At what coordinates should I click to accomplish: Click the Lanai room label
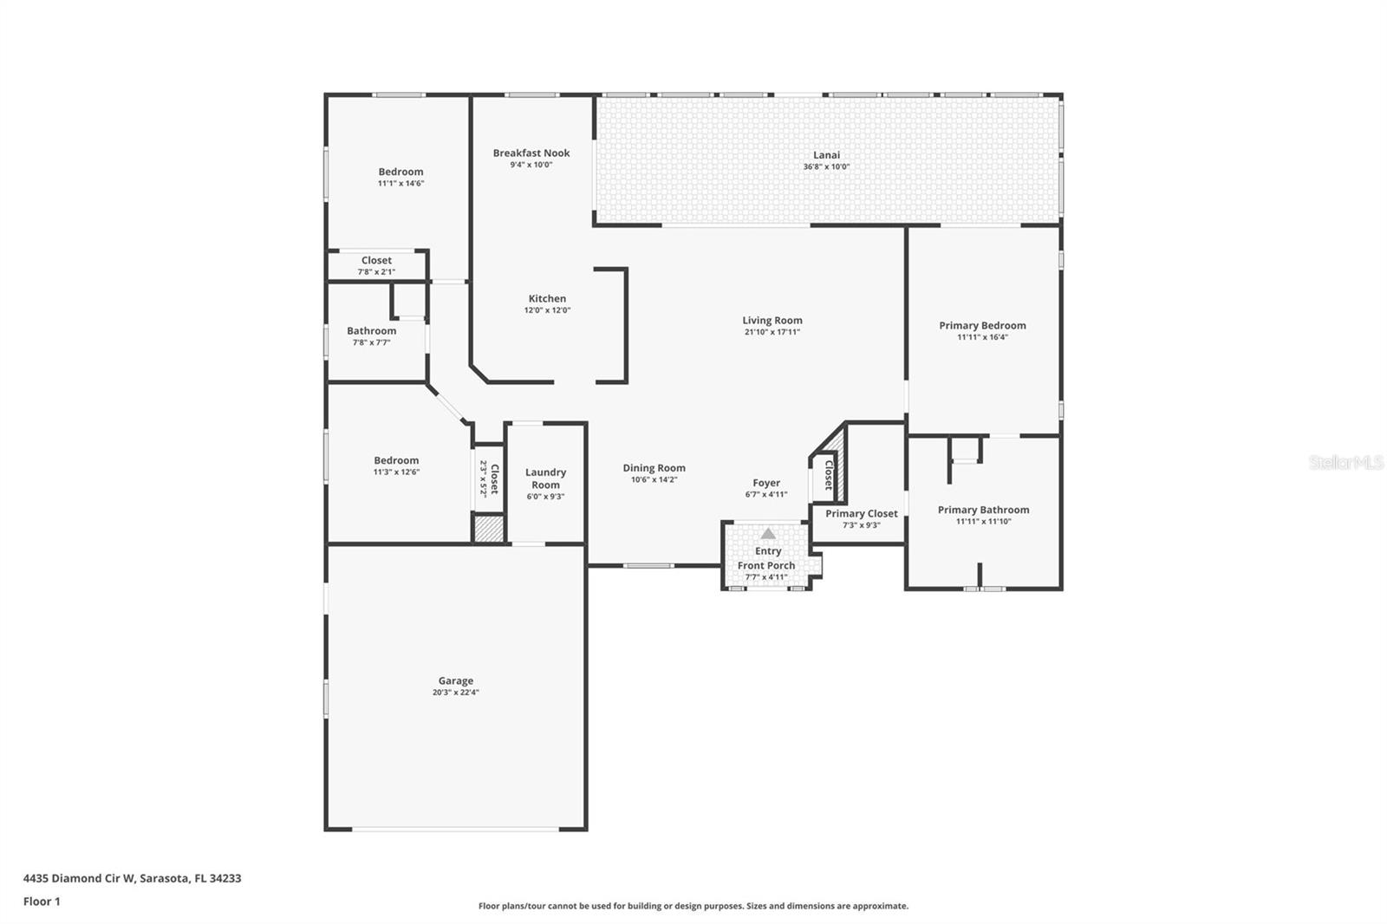pyautogui.click(x=826, y=155)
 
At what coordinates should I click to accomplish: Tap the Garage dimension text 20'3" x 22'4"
pyautogui.click(x=455, y=693)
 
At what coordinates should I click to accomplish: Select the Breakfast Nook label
pyautogui.click(x=531, y=153)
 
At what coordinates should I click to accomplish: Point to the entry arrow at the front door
pyautogui.click(x=768, y=534)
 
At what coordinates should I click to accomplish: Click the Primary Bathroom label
pyautogui.click(x=983, y=510)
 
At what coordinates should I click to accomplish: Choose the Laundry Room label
pyautogui.click(x=545, y=478)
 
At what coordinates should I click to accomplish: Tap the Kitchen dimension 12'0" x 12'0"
pyautogui.click(x=547, y=310)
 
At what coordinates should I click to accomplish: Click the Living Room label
pyautogui.click(x=772, y=320)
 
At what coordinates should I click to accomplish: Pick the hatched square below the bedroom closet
pyautogui.click(x=488, y=529)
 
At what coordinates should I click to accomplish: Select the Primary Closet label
pyautogui.click(x=861, y=513)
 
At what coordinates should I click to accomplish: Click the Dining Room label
pyautogui.click(x=654, y=468)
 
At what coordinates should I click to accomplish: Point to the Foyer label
pyautogui.click(x=766, y=483)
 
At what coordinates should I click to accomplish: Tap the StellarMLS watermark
pyautogui.click(x=1345, y=463)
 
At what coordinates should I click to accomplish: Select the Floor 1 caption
pyautogui.click(x=42, y=901)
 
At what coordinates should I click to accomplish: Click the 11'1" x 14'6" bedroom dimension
pyautogui.click(x=400, y=184)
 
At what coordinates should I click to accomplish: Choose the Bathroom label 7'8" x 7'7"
pyautogui.click(x=371, y=330)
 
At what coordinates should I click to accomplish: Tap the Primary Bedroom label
pyautogui.click(x=982, y=325)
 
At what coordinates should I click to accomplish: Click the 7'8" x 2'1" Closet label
pyautogui.click(x=376, y=260)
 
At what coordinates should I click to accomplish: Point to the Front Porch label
pyautogui.click(x=766, y=565)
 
